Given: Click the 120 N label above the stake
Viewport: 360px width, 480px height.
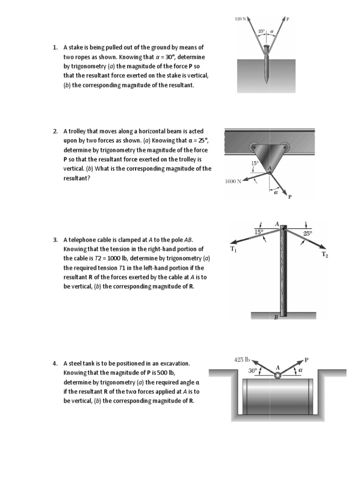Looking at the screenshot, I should (x=240, y=19).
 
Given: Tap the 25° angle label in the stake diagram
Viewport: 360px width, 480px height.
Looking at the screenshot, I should (x=262, y=31).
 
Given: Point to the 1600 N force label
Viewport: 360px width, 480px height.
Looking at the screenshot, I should (x=233, y=181).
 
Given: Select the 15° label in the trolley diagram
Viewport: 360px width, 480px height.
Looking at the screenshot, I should (x=255, y=163).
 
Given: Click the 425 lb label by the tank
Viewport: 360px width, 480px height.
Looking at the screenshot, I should (x=241, y=360).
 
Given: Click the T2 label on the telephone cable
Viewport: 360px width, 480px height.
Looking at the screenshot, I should (x=324, y=255).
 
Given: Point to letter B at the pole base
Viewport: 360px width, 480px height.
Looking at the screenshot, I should (x=276, y=317).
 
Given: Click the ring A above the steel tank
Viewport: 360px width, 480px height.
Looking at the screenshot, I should (x=277, y=375).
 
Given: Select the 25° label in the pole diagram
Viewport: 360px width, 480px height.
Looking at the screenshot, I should (x=307, y=232).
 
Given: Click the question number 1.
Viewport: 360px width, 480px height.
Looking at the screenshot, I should (x=55, y=47).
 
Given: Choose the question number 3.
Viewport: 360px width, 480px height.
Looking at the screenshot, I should (x=55, y=240).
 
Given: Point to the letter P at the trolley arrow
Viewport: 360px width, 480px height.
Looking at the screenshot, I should (x=290, y=197).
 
